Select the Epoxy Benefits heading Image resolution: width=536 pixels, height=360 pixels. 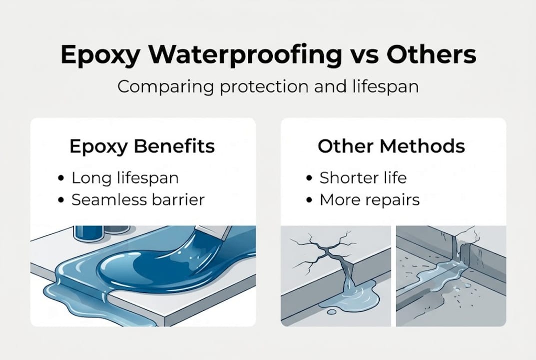[142, 146]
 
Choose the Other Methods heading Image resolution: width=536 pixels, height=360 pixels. [391, 146]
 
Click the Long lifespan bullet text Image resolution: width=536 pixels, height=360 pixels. [125, 177]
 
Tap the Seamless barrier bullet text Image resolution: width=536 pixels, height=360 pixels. [138, 200]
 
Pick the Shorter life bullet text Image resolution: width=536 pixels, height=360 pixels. [363, 177]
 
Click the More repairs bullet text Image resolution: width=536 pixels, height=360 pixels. [370, 200]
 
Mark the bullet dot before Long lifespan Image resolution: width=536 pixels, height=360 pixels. [61, 178]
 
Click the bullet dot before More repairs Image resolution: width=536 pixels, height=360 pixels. [310, 200]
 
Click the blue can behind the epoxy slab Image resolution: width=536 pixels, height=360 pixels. [88, 232]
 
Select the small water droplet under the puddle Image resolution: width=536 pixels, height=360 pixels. [330, 312]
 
